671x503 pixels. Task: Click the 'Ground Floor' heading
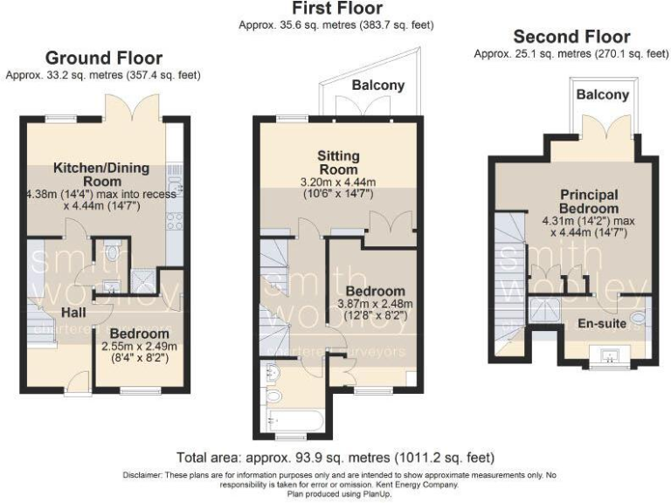(x=102, y=58)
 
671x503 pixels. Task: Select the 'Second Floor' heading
(x=571, y=37)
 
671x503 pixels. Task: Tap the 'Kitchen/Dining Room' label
(x=101, y=175)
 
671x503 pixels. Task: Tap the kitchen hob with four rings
(x=174, y=219)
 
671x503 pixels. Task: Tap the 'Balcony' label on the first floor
(x=378, y=85)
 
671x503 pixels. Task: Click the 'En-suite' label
(x=601, y=322)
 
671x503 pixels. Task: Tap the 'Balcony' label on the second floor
(x=602, y=94)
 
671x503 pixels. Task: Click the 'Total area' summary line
(x=335, y=457)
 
